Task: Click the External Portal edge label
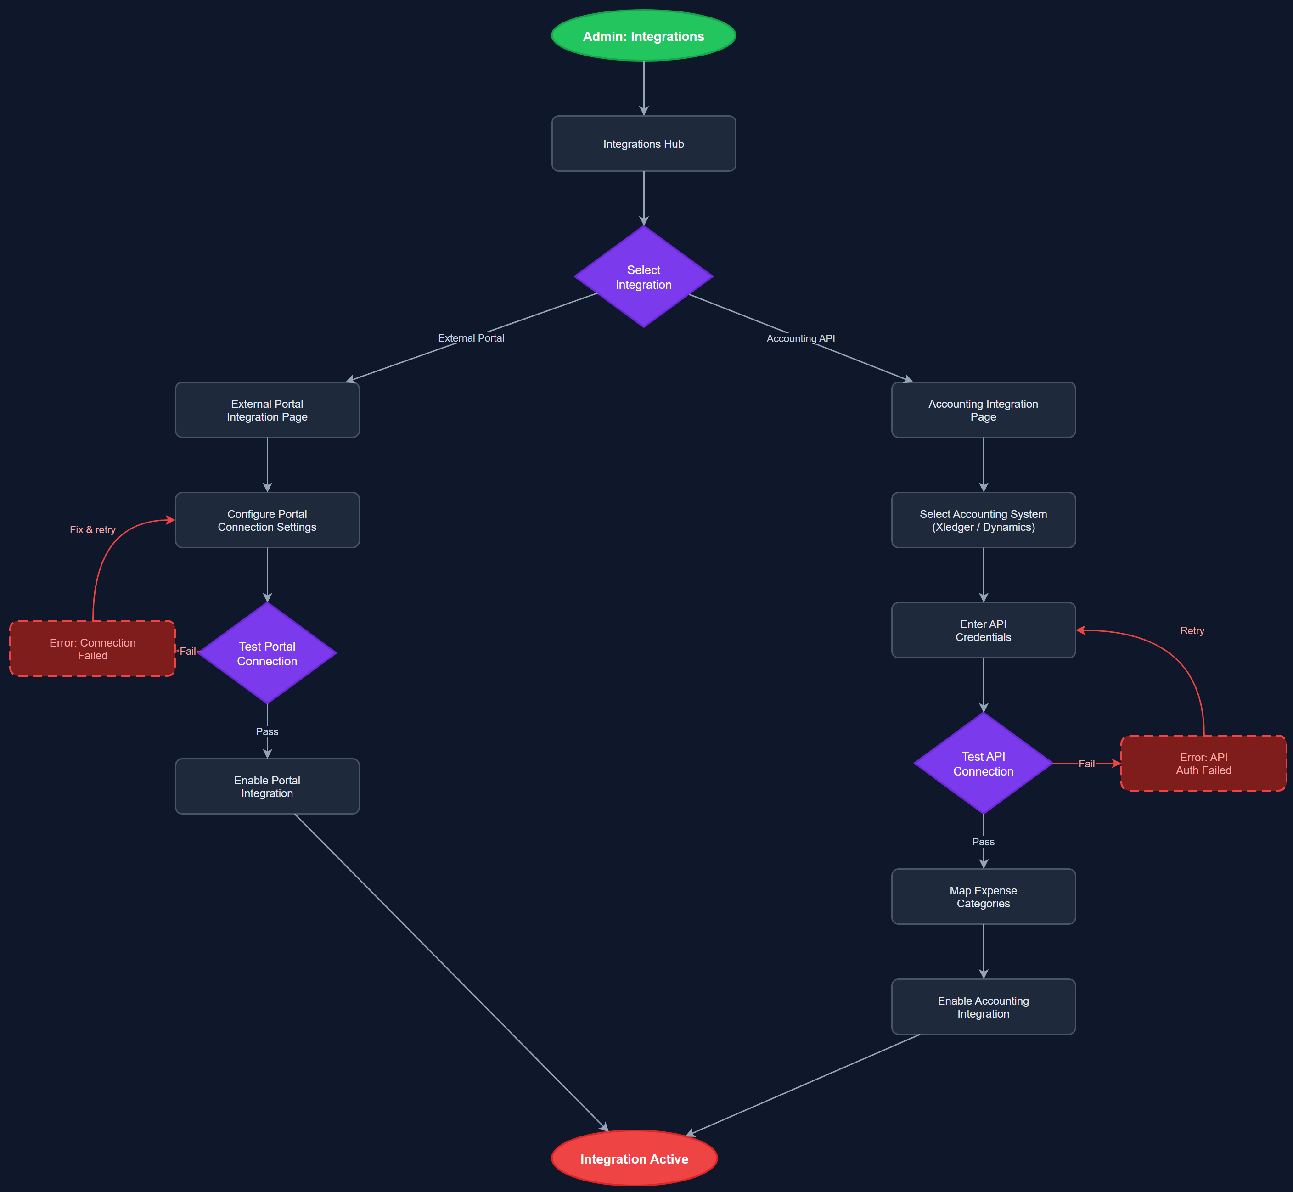(471, 338)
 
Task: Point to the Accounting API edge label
(800, 339)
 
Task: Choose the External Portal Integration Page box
(267, 410)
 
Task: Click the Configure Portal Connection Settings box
(267, 521)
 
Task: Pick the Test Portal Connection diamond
(267, 653)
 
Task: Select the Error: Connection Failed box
(92, 649)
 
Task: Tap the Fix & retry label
(92, 529)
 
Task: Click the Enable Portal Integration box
(267, 787)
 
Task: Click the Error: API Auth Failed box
(1203, 764)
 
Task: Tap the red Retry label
(1192, 631)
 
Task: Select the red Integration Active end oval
(634, 1159)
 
